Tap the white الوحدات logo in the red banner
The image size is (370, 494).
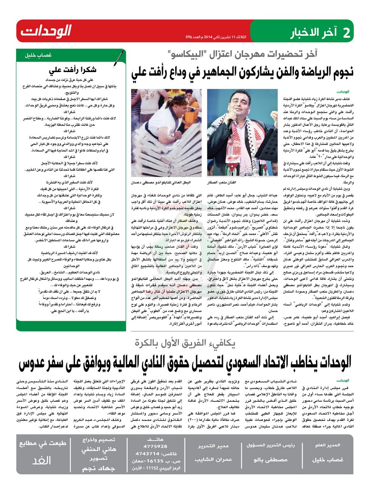click(46, 31)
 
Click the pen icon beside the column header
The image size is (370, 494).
click(120, 57)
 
